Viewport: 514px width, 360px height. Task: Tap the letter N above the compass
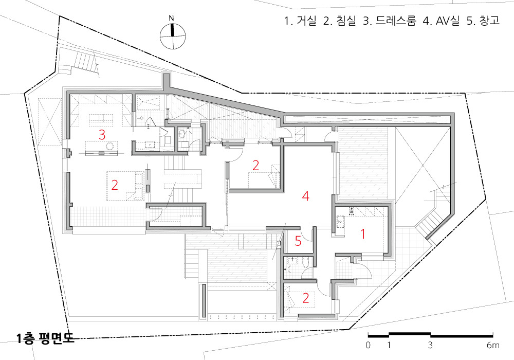point(171,19)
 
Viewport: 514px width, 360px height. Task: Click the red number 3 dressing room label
point(102,134)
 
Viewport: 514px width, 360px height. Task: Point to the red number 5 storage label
point(298,241)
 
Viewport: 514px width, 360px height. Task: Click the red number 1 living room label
point(363,234)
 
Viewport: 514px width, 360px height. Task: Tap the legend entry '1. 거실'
point(300,21)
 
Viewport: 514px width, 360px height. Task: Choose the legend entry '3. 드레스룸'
point(390,21)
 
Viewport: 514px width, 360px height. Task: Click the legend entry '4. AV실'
point(441,21)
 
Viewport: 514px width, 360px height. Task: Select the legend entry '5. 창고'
point(483,21)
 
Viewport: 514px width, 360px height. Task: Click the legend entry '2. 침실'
point(340,21)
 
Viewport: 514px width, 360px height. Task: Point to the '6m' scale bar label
point(493,345)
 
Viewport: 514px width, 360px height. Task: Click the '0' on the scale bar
point(368,345)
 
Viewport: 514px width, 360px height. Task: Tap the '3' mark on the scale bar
point(430,345)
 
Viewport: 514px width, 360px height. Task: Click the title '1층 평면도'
point(46,338)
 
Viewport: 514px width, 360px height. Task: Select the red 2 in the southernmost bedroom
point(305,298)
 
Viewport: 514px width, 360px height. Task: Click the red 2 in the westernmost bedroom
point(115,185)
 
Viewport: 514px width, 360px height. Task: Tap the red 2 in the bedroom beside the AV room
point(255,165)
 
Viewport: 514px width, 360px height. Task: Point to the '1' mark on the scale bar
point(389,345)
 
